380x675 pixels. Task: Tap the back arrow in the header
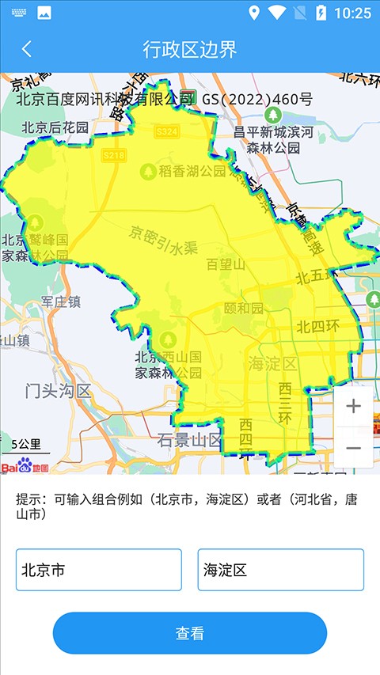(x=27, y=49)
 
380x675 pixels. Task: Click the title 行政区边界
(x=189, y=49)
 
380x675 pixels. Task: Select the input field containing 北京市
(x=99, y=570)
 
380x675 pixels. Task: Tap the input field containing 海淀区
(x=280, y=570)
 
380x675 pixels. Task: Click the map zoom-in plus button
(x=353, y=407)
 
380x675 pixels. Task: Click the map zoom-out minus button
(x=353, y=448)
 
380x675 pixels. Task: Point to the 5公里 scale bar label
(x=26, y=445)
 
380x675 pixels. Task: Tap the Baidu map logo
(x=25, y=466)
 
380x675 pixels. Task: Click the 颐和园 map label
(x=243, y=308)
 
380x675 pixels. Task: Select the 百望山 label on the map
(x=226, y=264)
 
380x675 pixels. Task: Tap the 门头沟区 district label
(x=58, y=390)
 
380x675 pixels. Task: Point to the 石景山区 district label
(x=188, y=440)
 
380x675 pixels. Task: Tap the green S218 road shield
(x=114, y=156)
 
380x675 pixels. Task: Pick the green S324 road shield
(x=166, y=131)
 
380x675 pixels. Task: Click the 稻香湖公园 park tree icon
(x=146, y=170)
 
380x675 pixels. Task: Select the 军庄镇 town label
(x=61, y=301)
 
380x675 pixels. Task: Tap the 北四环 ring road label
(x=317, y=326)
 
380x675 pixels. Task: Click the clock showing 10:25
(x=353, y=13)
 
